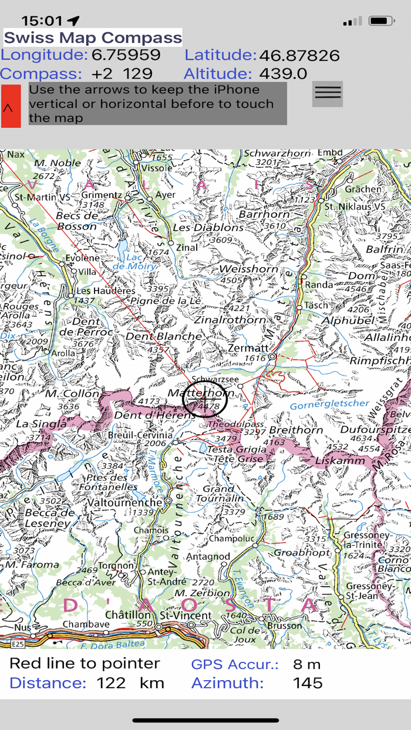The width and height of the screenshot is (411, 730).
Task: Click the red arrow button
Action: click(11, 106)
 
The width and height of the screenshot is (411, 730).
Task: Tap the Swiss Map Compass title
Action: click(93, 38)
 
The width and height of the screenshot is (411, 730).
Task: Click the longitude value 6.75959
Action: click(126, 55)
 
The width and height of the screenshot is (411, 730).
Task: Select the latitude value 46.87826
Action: click(299, 56)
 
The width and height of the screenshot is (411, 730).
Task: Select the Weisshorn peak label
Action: click(247, 269)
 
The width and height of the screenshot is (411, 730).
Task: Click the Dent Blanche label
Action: click(163, 336)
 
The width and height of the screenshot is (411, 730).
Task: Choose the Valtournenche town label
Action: click(124, 503)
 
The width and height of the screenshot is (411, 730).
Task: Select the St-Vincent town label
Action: click(186, 616)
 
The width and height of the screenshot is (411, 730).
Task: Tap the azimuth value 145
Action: click(308, 683)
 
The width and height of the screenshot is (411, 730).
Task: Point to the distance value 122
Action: click(111, 683)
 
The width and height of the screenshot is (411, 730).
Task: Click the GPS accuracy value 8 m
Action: click(307, 664)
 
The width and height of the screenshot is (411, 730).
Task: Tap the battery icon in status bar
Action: click(381, 21)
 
